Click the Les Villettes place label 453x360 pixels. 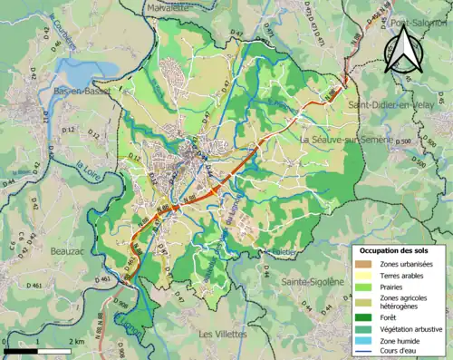pos(225,334)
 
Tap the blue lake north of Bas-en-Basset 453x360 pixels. pos(82,73)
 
